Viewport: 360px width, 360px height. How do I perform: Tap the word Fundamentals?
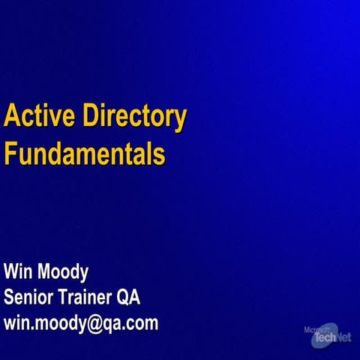[84, 154]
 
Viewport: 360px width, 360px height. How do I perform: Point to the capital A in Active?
[12, 117]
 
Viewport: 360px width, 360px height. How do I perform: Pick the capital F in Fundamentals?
[10, 154]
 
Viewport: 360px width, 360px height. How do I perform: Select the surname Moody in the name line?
[65, 271]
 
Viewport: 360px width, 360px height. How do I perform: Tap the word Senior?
[30, 297]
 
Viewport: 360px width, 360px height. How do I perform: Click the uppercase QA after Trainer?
[129, 297]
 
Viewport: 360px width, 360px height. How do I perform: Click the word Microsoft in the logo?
[317, 328]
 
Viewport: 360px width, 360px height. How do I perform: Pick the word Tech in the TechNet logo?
[323, 339]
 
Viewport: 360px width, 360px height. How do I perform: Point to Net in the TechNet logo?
[343, 337]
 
